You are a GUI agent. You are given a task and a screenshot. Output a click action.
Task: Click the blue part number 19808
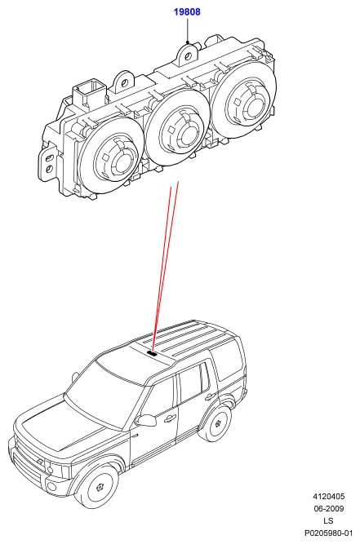[x=187, y=11]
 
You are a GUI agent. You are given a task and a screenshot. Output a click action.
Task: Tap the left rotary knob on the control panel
[x=110, y=153]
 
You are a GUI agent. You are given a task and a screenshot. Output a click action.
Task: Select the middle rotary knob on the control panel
[x=177, y=126]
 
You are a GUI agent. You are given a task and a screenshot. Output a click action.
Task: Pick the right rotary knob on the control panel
[x=244, y=100]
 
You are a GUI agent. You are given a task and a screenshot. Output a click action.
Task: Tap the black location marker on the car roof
[x=152, y=353]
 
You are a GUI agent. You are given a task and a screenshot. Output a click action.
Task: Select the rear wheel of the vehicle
[x=217, y=424]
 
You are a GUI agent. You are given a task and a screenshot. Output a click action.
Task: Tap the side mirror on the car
[x=146, y=420]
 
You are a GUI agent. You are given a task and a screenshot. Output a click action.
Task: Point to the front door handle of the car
[x=170, y=418]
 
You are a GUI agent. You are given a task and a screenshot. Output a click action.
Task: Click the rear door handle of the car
[x=209, y=396]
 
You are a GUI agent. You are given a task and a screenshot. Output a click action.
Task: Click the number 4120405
[x=329, y=497]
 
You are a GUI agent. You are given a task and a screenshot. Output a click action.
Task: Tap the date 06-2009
[x=329, y=509]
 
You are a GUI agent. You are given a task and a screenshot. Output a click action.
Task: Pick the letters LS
[x=328, y=520]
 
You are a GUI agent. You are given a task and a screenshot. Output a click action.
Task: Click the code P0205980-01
[x=328, y=533]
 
